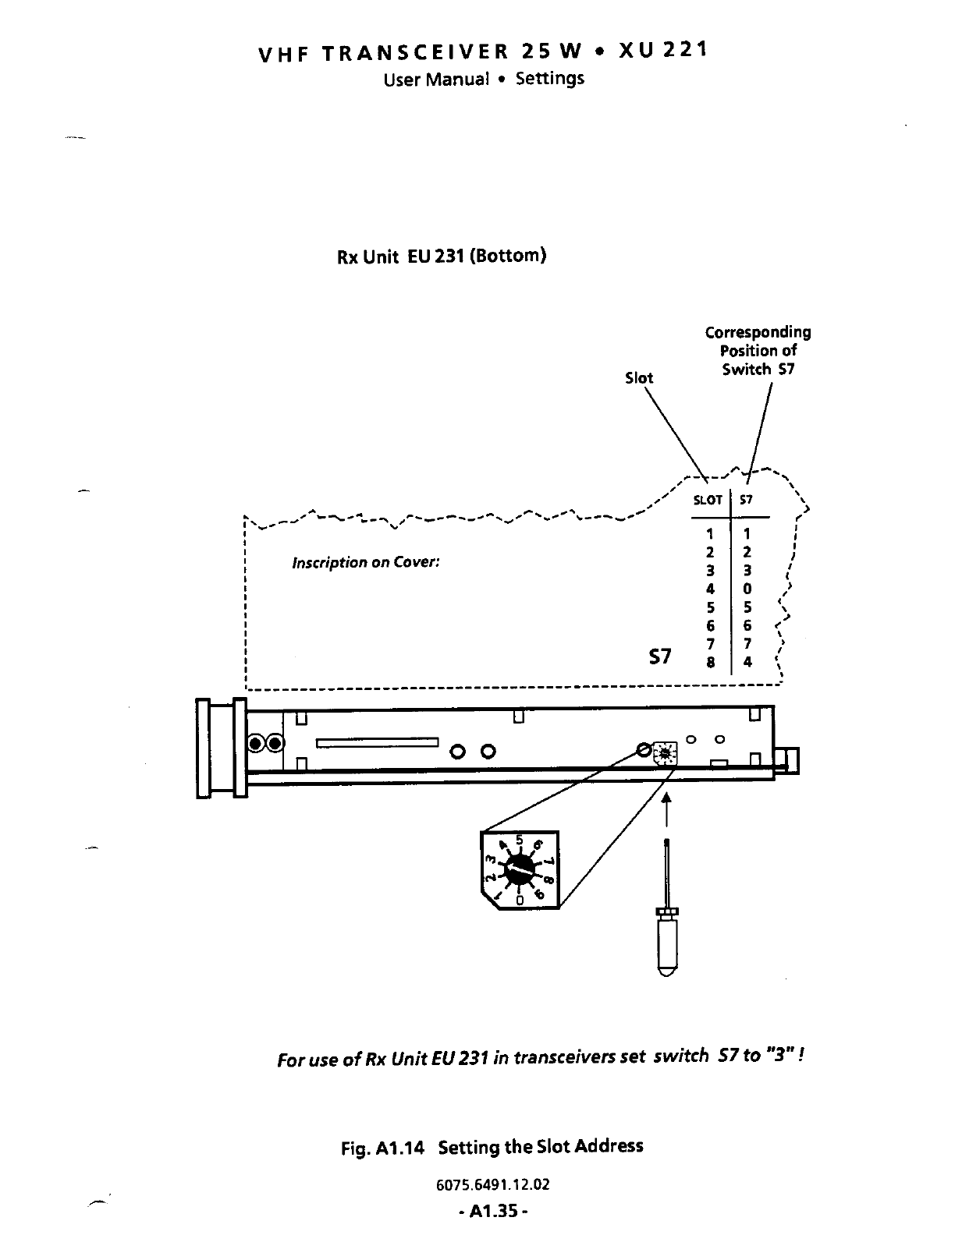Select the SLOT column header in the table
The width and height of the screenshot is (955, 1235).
(x=708, y=501)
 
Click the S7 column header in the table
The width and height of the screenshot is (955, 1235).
(x=747, y=501)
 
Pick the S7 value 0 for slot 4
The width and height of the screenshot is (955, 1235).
(x=747, y=589)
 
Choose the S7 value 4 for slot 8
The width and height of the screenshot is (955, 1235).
(x=747, y=662)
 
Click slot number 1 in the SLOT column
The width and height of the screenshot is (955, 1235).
(x=710, y=534)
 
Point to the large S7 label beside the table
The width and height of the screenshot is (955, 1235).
(x=660, y=656)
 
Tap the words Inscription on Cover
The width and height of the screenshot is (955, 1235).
(x=366, y=563)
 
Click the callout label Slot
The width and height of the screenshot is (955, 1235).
(x=639, y=378)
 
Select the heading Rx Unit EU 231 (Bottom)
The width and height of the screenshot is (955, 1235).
(x=441, y=257)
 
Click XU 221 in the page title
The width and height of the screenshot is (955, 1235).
(x=663, y=51)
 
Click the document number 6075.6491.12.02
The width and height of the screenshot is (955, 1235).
(x=493, y=1185)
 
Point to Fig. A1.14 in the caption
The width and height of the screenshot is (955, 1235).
(x=382, y=1148)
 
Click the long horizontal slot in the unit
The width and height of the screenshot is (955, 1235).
(x=378, y=742)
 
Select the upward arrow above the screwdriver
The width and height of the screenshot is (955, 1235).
(x=666, y=811)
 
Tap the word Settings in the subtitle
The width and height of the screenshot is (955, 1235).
(x=550, y=79)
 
